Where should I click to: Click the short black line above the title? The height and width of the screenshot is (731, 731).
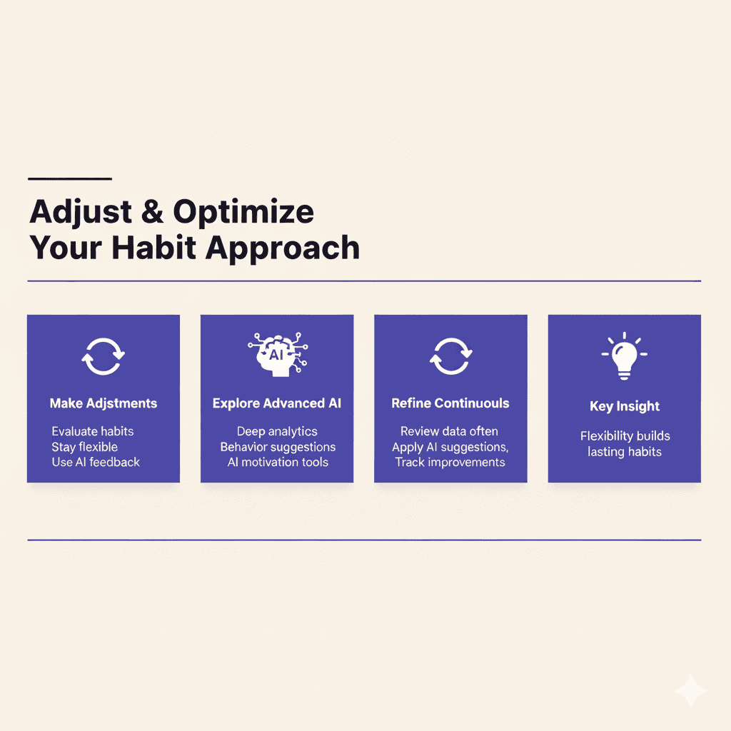tap(69, 178)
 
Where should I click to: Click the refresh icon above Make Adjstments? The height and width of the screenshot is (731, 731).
tap(103, 355)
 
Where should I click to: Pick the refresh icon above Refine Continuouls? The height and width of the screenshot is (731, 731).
tap(450, 355)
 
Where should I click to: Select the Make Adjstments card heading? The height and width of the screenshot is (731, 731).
tap(103, 403)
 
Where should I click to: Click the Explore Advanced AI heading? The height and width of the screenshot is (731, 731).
tap(277, 403)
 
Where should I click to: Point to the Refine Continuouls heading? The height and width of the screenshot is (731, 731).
tap(450, 403)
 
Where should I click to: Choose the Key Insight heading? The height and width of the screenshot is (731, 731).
tap(625, 406)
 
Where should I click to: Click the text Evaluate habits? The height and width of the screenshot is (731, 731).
tap(93, 431)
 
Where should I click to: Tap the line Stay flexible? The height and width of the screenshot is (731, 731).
tap(84, 447)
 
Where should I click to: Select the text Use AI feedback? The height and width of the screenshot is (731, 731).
tap(96, 462)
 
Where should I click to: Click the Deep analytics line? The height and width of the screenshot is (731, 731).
tap(277, 431)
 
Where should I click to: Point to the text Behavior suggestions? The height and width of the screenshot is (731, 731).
tap(278, 447)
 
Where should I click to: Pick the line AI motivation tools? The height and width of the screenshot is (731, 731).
tap(278, 462)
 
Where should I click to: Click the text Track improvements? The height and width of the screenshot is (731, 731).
tap(450, 462)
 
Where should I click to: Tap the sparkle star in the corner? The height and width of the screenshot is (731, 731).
tap(690, 691)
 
